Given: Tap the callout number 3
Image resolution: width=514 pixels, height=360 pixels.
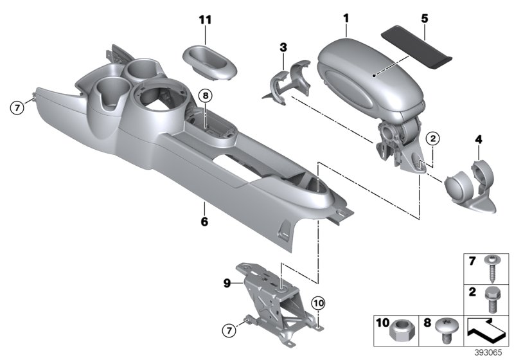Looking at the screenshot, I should click(283, 47).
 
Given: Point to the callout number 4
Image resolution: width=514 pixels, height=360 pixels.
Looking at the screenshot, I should click(478, 138).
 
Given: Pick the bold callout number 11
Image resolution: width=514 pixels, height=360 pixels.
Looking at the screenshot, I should click(205, 21).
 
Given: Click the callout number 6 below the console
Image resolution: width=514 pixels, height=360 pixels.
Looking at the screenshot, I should click(204, 222).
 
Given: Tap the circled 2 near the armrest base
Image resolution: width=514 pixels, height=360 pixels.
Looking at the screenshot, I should click(432, 138).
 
